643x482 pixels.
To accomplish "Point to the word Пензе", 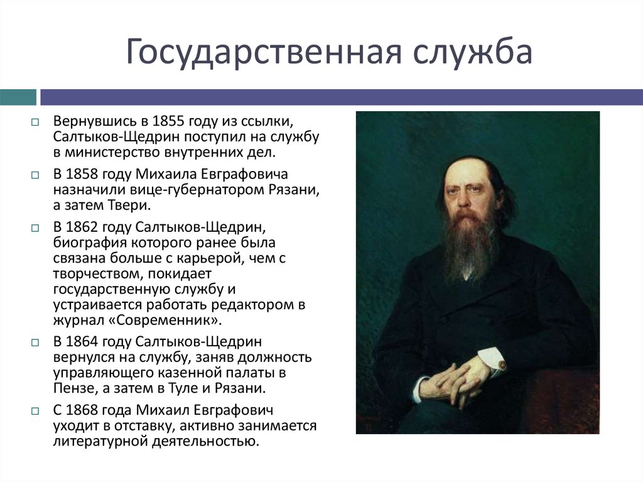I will pyautogui.click(x=71, y=388).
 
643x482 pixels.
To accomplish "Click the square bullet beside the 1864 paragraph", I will pyautogui.click(x=36, y=343).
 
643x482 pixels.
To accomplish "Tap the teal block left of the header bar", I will pyautogui.click(x=18, y=97).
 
